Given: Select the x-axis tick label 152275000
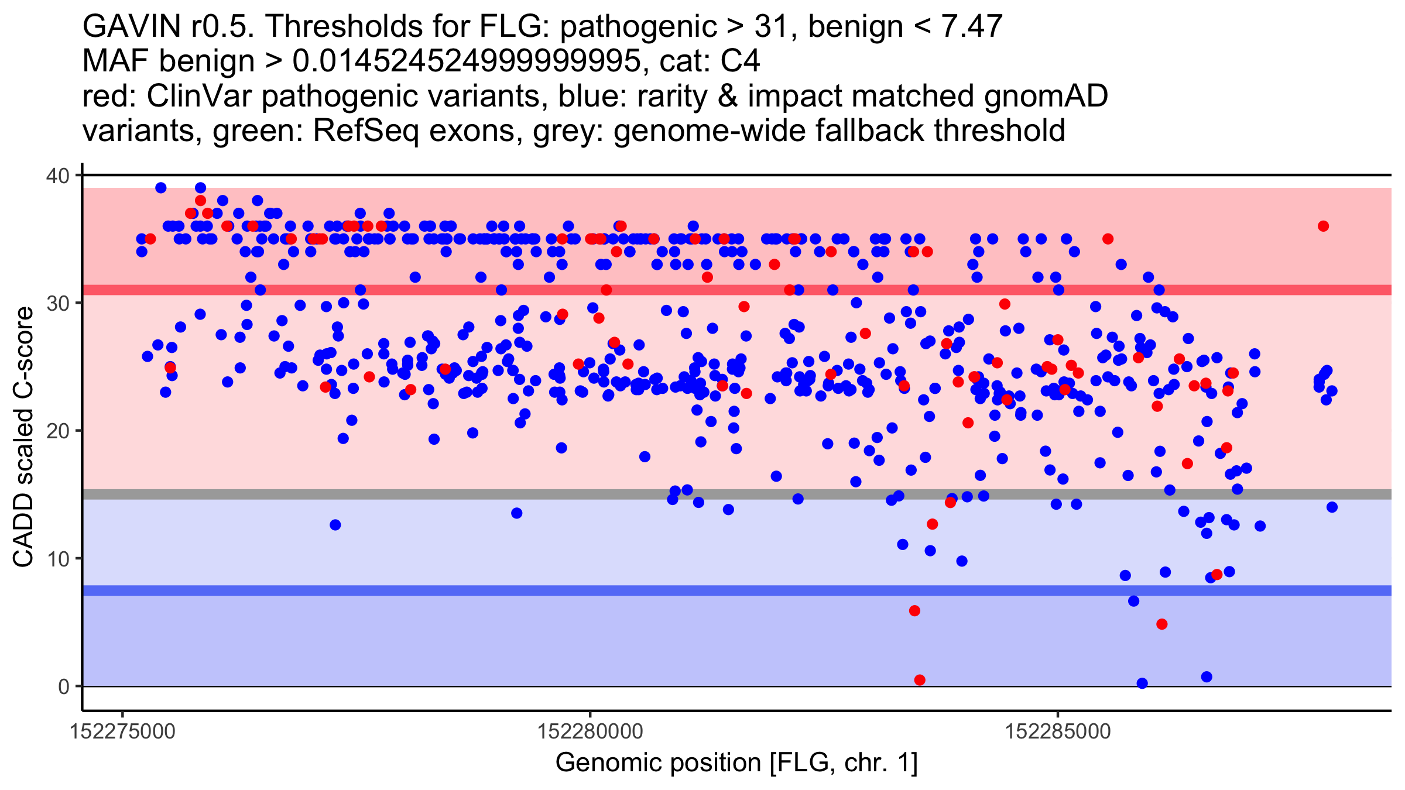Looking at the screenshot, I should tap(122, 731).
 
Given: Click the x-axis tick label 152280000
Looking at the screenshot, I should tap(590, 731).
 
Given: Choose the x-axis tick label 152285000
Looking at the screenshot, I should tap(1058, 731).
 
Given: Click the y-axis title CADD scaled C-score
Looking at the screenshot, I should tap(23, 437).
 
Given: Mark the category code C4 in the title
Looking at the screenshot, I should tap(740, 61).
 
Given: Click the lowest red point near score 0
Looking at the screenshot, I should tap(920, 680).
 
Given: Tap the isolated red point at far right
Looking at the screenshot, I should tap(1323, 226).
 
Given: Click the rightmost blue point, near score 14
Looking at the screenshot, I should tap(1332, 507).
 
